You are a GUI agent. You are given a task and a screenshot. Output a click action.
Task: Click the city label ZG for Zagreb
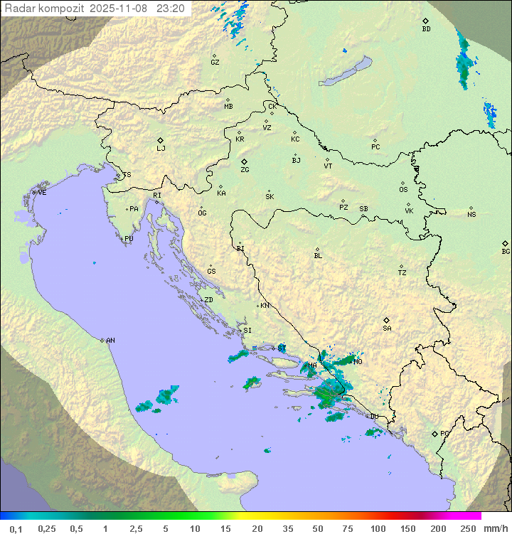[245, 171]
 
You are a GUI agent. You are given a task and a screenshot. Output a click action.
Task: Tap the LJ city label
[161, 149]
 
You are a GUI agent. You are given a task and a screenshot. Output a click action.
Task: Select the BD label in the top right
[426, 29]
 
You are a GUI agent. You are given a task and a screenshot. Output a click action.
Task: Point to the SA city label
[387, 329]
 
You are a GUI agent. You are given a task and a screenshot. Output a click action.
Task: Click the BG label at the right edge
[506, 252]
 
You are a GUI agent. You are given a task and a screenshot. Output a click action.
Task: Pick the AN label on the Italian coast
[110, 341]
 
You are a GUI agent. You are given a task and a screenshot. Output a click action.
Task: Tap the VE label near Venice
[42, 193]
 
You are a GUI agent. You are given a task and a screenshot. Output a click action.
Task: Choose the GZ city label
[215, 63]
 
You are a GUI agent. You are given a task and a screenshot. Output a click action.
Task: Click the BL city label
[318, 256]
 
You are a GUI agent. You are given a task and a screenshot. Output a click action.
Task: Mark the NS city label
[471, 215]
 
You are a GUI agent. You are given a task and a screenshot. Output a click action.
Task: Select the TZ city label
[402, 273]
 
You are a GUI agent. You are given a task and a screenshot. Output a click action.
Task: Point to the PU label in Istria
[129, 239]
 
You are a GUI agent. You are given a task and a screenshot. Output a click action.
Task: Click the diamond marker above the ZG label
[244, 161]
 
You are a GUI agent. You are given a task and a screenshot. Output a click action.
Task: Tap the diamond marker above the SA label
[387, 320]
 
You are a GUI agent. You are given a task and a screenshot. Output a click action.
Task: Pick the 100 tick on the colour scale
[378, 528]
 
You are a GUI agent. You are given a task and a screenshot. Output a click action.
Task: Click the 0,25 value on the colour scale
[47, 528]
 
